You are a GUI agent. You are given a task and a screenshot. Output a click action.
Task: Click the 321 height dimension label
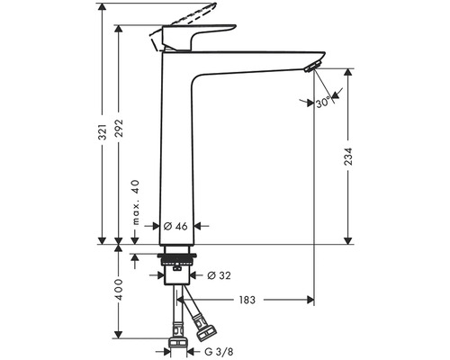[103, 131]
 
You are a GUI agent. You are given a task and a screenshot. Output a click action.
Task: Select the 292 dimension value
[120, 128]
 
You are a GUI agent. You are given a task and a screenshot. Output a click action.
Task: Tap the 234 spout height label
[348, 156]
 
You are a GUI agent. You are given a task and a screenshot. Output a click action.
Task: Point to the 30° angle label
[323, 103]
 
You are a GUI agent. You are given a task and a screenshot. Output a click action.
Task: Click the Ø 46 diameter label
[175, 226]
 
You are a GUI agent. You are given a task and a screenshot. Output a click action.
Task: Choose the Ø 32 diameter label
[219, 275]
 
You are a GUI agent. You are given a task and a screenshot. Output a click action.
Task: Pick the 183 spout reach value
[247, 300]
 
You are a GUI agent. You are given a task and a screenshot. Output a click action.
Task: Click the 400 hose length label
[120, 290]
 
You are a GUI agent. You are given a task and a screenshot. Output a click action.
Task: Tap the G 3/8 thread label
[219, 351]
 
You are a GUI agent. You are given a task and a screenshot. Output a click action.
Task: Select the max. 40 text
[136, 202]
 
